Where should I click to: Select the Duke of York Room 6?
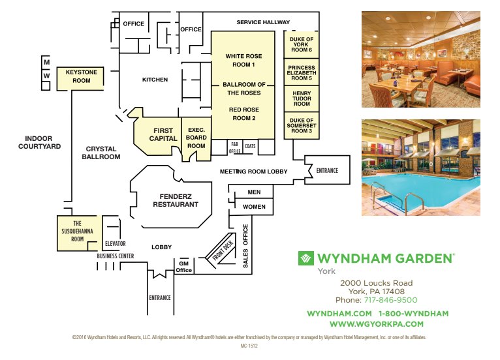pos(302,44)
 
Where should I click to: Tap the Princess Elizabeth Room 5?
pos(302,72)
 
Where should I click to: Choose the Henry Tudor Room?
pos(302,98)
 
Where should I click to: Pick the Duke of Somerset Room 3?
pos(302,125)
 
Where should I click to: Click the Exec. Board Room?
pos(196,138)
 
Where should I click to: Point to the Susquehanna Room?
pos(77,233)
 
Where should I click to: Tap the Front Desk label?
pos(223,250)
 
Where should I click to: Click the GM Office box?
pos(184,267)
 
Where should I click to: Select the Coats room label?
pos(250,146)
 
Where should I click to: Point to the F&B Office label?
pos(234,148)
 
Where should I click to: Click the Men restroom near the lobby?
pos(254,192)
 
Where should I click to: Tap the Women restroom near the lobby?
pos(254,207)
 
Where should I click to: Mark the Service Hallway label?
pos(263,22)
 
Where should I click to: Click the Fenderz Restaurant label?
pos(176,200)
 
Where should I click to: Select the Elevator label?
pos(116,244)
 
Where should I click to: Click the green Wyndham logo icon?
pos(305,258)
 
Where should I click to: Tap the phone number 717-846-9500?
pos(390,300)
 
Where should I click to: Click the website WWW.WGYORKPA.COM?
pos(377,324)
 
